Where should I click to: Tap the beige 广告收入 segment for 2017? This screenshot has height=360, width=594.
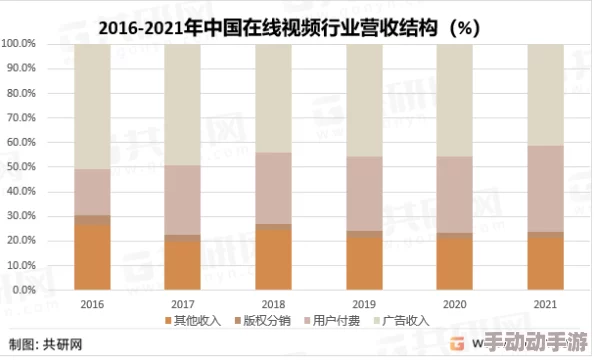pyautogui.click(x=182, y=104)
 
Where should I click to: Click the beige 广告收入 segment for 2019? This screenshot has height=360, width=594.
pyautogui.click(x=364, y=100)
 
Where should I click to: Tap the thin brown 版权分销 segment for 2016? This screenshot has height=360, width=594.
pyautogui.click(x=92, y=219)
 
